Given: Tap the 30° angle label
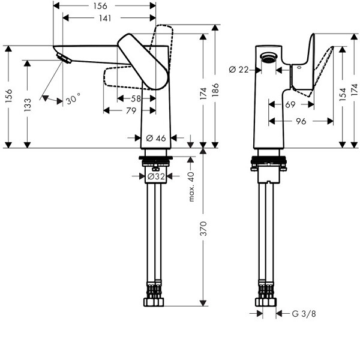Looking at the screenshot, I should point(73,99).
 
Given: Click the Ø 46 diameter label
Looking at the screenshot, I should point(156,139).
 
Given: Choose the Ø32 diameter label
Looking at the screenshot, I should point(156,176).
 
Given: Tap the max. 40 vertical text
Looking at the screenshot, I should point(192,186).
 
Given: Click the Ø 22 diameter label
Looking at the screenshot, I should point(239,70).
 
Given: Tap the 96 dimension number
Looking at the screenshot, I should point(301,121).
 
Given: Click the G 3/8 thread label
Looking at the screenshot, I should point(304,313).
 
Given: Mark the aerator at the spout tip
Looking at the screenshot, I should point(62,57).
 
